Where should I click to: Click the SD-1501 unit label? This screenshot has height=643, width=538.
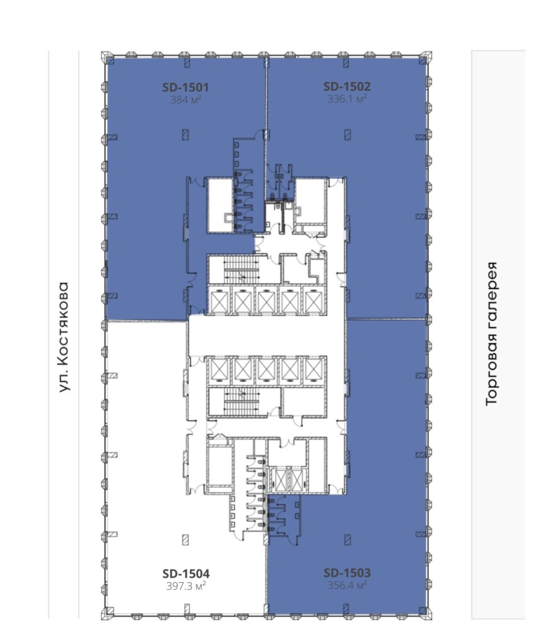coord(185,87)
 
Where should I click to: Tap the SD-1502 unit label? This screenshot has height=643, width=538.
coord(347,86)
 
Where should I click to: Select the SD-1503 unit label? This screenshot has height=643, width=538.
coord(347,573)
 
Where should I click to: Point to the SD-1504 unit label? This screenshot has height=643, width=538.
coord(186,573)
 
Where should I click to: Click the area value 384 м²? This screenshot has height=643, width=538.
coord(186,100)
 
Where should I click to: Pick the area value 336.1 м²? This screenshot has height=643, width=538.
coord(347,99)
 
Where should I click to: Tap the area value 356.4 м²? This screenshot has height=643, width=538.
coord(347,585)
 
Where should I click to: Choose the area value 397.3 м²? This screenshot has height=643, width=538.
coord(186,586)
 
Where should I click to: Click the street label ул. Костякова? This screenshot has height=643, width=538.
coord(64,337)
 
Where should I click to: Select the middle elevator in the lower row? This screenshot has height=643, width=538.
coord(266,370)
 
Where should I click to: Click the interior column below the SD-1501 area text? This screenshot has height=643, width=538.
coord(185,135)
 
